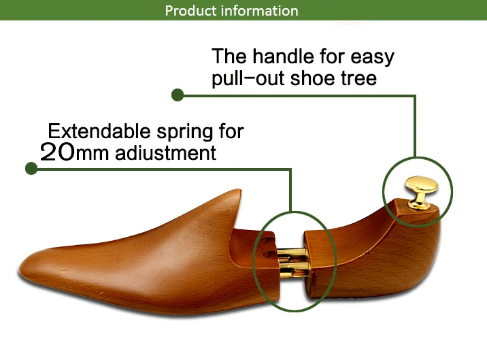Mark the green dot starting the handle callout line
click(178, 95)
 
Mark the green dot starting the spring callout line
click(31, 168)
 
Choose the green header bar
click(408, 10)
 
